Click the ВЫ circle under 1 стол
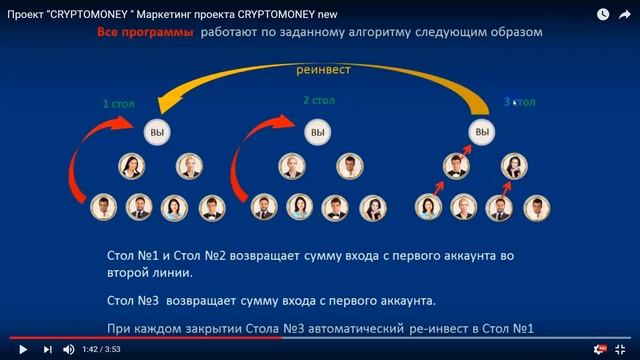pos(154,133)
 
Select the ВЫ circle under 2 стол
pos(317,133)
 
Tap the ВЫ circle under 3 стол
pos(482,133)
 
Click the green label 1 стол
pos(118,104)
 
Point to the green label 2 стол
pos(319,101)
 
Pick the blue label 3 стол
pos(520,102)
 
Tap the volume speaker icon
pos(69,349)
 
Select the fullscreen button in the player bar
pos(622,349)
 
